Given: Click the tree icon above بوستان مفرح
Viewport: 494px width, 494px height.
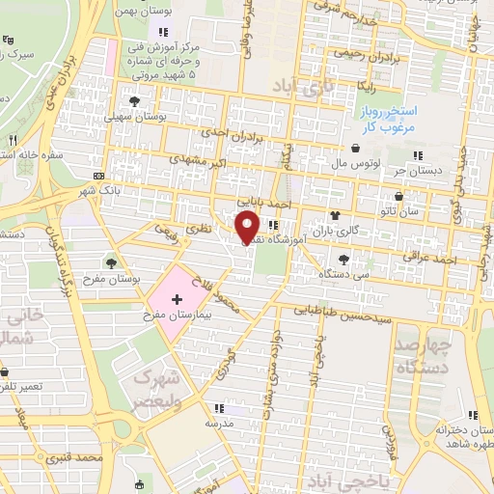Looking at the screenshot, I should tap(112, 261).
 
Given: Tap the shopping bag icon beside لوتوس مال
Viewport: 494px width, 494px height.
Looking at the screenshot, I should tap(358, 149).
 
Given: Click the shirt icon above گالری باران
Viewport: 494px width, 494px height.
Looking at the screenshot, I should tap(335, 215).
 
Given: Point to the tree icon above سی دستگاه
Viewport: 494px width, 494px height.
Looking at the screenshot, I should tap(344, 259).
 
